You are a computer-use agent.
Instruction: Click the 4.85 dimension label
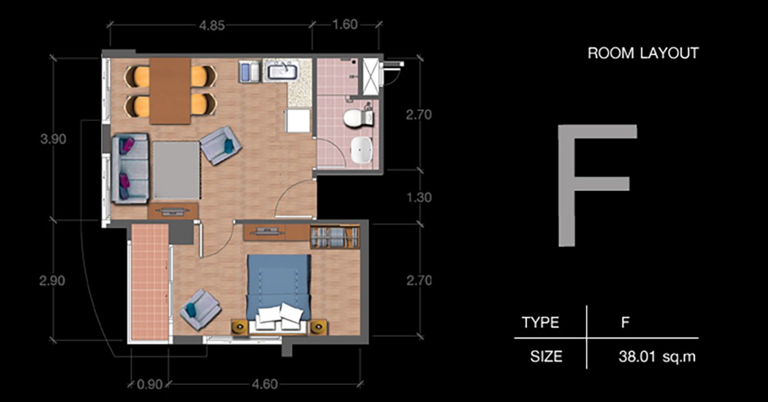(x=212, y=26)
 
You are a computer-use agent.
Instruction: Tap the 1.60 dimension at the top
(x=345, y=25)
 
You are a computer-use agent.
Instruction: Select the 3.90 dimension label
(x=53, y=139)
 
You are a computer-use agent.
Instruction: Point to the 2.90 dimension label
(x=52, y=281)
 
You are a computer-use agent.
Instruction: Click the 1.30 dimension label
(x=419, y=198)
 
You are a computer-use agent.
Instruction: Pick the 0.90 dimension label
(x=150, y=385)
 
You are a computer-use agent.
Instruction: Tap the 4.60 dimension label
(x=265, y=384)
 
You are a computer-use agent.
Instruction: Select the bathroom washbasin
(x=361, y=150)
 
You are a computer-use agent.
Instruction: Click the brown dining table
(x=170, y=91)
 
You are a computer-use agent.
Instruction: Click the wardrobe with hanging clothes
(x=335, y=237)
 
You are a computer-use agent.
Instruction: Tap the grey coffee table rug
(x=176, y=170)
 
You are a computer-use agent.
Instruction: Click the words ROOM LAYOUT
(x=643, y=53)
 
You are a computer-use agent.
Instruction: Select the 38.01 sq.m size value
(x=657, y=357)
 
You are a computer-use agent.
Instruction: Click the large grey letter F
(x=598, y=185)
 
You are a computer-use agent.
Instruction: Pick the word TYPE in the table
(x=540, y=323)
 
